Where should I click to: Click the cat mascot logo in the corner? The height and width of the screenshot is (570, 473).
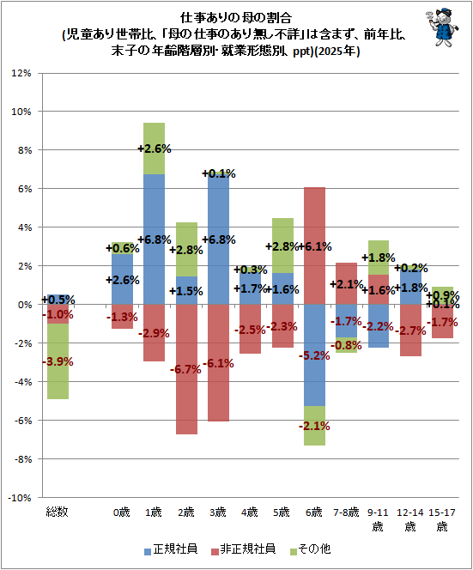point(442,27)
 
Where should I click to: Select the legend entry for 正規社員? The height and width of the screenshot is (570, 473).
point(171,549)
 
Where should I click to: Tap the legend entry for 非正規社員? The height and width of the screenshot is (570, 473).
point(243,549)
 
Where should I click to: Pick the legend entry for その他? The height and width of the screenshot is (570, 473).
point(311,549)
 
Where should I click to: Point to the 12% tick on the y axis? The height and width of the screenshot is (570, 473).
point(21,73)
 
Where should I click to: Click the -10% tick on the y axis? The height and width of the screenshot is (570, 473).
point(20,498)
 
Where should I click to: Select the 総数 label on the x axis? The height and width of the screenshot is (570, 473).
point(57,512)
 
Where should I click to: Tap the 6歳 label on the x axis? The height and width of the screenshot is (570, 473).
point(314,512)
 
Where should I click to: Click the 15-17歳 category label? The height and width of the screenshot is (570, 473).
point(442,519)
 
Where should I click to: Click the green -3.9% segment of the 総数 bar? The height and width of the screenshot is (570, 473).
point(58,361)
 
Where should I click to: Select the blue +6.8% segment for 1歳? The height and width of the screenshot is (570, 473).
point(155,240)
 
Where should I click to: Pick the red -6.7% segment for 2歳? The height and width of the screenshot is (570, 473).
point(186,369)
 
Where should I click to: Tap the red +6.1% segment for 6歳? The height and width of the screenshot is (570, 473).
point(314,246)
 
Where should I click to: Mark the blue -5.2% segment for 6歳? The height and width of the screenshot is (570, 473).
point(314,355)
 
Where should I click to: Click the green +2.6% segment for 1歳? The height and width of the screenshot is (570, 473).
point(155,149)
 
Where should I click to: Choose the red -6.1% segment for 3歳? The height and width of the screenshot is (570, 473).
point(219,363)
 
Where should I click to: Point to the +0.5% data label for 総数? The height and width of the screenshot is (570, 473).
point(58,300)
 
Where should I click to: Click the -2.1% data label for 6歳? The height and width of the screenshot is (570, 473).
point(314,426)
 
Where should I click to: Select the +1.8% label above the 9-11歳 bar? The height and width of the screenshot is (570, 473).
point(379,258)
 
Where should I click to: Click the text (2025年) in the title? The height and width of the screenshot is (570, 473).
point(337,52)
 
